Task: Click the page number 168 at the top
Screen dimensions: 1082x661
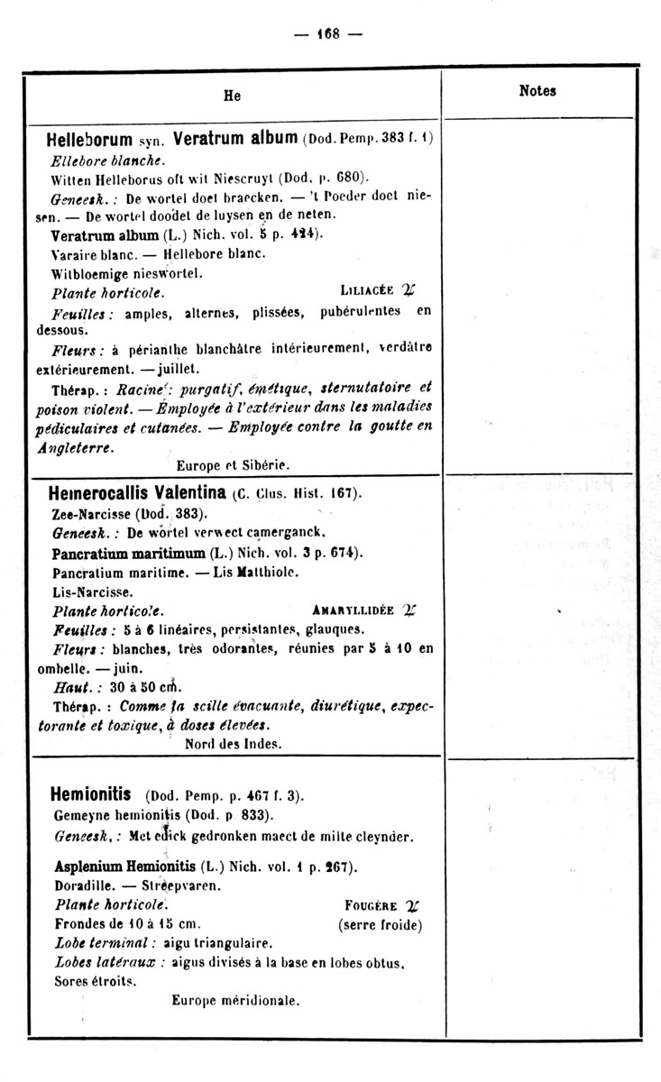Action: pos(327,34)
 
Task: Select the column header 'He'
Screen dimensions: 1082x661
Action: pos(233,96)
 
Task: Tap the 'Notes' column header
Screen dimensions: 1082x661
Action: pos(537,90)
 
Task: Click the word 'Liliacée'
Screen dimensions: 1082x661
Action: pos(368,290)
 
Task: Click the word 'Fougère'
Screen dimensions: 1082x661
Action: pos(370,905)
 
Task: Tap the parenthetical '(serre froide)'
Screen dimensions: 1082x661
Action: pos(380,924)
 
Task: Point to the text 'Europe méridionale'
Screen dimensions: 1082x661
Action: pos(234,999)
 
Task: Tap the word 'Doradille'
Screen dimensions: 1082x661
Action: pos(82,885)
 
